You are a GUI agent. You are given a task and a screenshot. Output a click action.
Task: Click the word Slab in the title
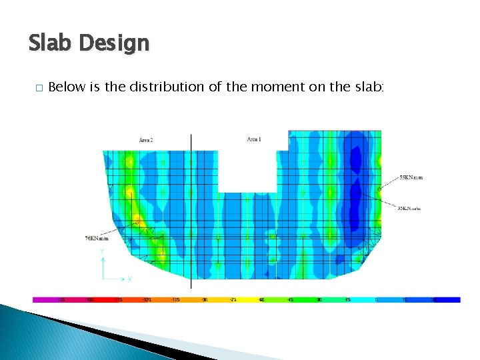tap(51, 43)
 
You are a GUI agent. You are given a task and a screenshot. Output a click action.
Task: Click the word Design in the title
tap(114, 45)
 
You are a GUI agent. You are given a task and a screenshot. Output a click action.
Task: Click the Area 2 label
tap(146, 140)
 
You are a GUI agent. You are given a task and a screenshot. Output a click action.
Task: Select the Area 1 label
tap(254, 139)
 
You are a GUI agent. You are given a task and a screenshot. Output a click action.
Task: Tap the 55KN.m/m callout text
tap(411, 178)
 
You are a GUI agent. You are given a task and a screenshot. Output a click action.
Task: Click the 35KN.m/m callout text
tap(409, 208)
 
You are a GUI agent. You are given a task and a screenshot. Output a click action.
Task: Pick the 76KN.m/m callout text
tap(97, 238)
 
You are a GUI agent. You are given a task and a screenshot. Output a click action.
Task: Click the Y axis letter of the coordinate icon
tap(101, 252)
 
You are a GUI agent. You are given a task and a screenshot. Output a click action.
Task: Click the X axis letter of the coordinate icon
tap(129, 279)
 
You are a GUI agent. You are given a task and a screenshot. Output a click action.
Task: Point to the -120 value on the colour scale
tap(147, 300)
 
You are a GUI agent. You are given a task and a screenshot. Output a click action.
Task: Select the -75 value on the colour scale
tap(233, 300)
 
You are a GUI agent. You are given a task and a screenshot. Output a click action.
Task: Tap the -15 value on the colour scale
tap(348, 300)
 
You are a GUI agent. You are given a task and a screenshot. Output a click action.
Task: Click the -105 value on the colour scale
tap(176, 300)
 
